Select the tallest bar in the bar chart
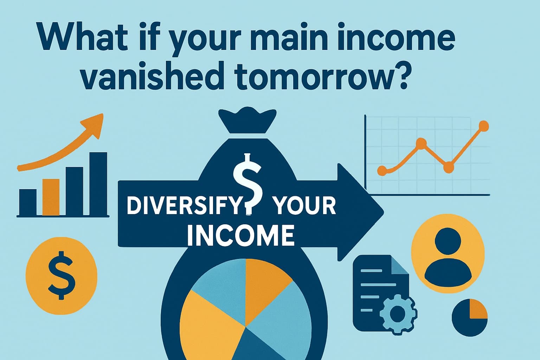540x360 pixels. (x=98, y=184)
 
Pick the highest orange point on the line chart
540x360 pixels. (x=484, y=126)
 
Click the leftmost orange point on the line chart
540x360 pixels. (x=382, y=171)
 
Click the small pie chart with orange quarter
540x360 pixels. (x=470, y=317)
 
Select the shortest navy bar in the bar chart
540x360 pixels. (x=28, y=202)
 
